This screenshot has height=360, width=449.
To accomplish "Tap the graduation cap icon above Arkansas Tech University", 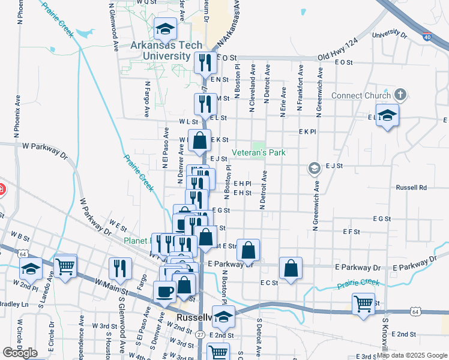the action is pyautogui.click(x=165, y=28).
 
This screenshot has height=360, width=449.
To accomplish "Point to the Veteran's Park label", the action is pyautogui.click(x=259, y=153).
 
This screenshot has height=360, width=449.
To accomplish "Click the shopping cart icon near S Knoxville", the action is pyautogui.click(x=363, y=303).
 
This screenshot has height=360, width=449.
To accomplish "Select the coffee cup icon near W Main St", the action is pyautogui.click(x=164, y=292).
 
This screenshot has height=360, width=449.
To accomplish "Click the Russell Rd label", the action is pyautogui.click(x=411, y=187).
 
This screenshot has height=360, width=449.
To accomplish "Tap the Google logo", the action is pyautogui.click(x=20, y=352).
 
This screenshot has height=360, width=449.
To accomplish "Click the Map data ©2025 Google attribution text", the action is pyautogui.click(x=412, y=355).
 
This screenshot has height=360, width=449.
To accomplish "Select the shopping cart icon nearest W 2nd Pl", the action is pyautogui.click(x=65, y=266).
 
